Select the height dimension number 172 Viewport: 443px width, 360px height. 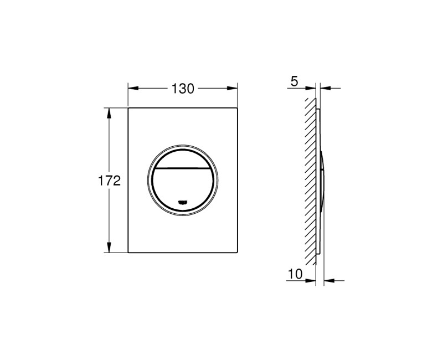tap(109, 181)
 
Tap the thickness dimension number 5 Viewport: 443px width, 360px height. tap(293, 82)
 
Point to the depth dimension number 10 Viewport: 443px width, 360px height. tap(295, 274)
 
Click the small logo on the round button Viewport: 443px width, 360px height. tap(183, 202)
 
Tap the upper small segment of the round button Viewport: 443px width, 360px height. tap(183, 158)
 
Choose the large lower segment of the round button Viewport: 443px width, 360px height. tap(183, 186)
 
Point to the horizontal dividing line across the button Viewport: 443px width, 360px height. tap(183, 167)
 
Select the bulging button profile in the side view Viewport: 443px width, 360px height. tap(322, 180)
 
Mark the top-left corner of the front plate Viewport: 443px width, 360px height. tap(129, 109)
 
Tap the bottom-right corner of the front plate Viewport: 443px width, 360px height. tap(238, 253)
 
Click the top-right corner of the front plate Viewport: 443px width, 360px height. tap(238, 109)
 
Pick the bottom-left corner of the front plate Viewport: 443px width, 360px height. tap(129, 253)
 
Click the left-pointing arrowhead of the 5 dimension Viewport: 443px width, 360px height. tap(324, 88)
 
